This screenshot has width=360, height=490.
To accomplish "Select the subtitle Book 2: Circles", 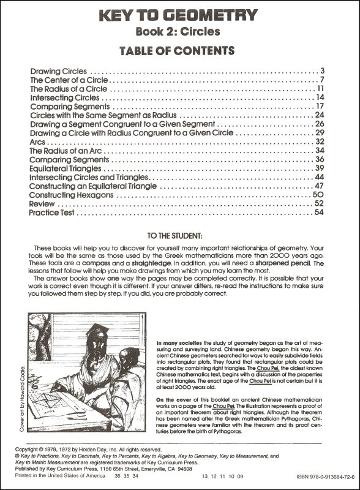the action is pos(180,31).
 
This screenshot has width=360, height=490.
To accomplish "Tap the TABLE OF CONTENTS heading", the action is pos(180,50).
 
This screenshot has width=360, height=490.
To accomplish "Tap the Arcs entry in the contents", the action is pos(38,141).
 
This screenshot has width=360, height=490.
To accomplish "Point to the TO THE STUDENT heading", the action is pos(180,236).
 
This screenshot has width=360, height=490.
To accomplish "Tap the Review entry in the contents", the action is pos(42,204).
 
